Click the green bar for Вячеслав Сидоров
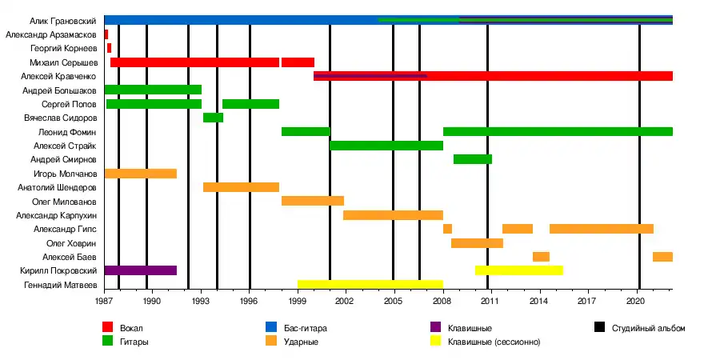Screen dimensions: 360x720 pyautogui.click(x=213, y=118)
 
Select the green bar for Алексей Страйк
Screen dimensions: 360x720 pyautogui.click(x=386, y=146)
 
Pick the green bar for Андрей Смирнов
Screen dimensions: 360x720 pyautogui.click(x=472, y=159)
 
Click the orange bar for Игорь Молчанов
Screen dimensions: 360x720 pyautogui.click(x=141, y=174)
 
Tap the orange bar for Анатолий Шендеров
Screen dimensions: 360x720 pyautogui.click(x=241, y=187)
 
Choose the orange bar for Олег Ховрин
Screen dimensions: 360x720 pyautogui.click(x=477, y=243)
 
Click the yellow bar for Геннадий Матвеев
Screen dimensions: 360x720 pyautogui.click(x=370, y=284)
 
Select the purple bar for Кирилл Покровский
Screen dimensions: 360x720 pyautogui.click(x=141, y=270)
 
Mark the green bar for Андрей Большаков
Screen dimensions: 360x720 pyautogui.click(x=153, y=90)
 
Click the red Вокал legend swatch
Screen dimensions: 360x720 pyautogui.click(x=107, y=328)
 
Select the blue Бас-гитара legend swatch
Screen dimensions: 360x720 pyautogui.click(x=270, y=328)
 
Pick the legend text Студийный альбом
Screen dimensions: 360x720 pyautogui.click(x=648, y=328)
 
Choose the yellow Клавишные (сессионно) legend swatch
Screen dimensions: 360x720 pyautogui.click(x=434, y=342)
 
